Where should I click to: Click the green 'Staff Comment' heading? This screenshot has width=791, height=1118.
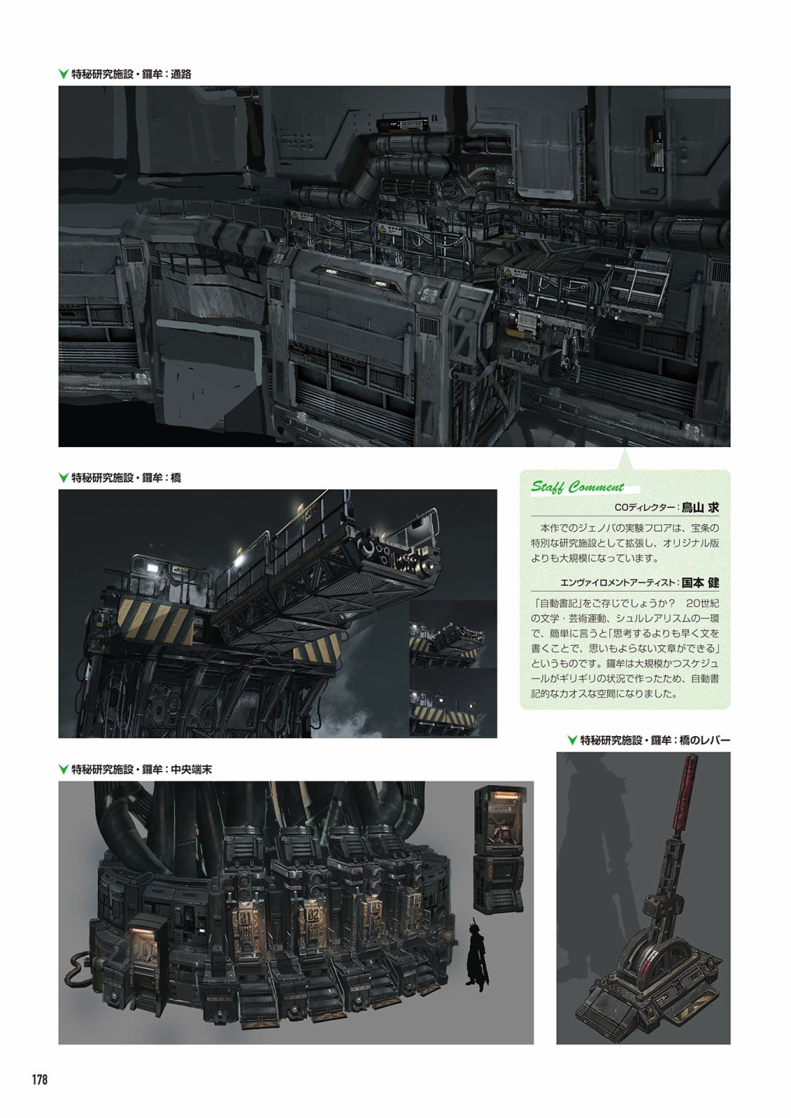[x=577, y=487]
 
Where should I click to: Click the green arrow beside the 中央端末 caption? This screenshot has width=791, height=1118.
[x=64, y=769]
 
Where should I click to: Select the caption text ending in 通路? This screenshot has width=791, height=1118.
[x=131, y=75]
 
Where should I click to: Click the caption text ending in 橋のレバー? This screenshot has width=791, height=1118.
[x=655, y=740]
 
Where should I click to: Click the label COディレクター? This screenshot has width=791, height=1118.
[x=645, y=508]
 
